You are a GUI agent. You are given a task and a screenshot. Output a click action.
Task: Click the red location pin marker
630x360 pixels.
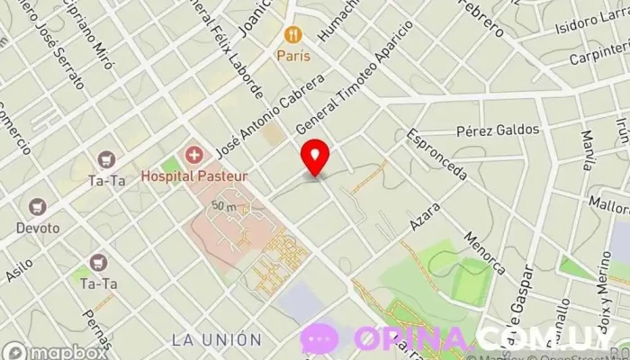click(314, 157)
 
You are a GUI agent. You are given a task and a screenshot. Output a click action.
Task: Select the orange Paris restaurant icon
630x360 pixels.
click(292, 35)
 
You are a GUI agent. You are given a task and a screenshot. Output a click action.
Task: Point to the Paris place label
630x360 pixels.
click(292, 56)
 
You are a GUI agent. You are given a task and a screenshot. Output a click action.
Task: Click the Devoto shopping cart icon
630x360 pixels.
click(38, 208)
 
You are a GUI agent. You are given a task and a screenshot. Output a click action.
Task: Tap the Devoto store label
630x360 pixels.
click(38, 228)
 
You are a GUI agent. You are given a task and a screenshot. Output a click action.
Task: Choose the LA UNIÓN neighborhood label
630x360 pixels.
click(216, 340)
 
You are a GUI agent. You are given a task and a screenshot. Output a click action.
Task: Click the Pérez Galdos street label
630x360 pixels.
click(498, 130)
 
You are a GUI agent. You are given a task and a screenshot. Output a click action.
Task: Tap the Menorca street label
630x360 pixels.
click(484, 253)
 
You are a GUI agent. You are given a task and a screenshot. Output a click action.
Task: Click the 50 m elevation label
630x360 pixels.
click(224, 206)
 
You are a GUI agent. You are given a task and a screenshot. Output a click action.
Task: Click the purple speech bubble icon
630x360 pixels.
click(319, 339)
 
